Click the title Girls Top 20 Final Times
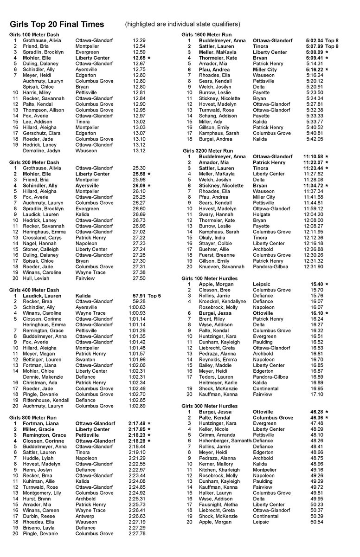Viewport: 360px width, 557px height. click(x=57, y=24)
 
